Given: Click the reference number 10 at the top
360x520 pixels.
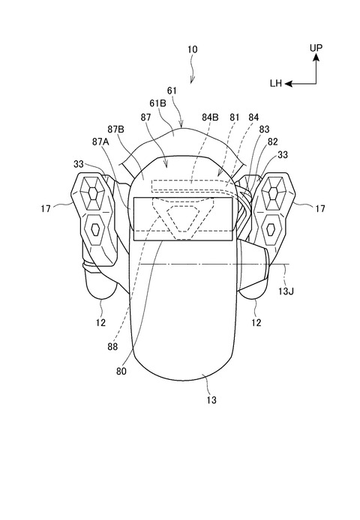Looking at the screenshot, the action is coord(192,49).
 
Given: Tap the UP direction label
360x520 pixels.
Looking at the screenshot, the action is coord(316,48).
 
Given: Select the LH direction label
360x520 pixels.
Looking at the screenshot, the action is coord(276,84).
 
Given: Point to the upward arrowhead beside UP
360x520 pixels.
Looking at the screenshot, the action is coord(316,58).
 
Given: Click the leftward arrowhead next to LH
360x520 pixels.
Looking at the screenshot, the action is coord(289,84).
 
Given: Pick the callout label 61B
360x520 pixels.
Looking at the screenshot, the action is coord(157,103).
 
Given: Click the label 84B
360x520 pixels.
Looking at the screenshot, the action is coord(210,117).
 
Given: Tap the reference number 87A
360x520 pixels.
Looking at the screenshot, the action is coord(101,142).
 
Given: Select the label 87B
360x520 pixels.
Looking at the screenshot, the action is coord(115,129).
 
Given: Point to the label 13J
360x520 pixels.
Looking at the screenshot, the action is coord(286,291).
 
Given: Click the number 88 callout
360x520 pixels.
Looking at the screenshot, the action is coord(112,347).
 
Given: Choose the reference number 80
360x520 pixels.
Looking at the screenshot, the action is coord(121,372).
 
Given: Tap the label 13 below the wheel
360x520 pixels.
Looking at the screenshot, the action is coord(211,400).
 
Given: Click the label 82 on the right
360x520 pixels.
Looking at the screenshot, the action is coord(272,142).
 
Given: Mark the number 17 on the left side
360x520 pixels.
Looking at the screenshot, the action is coord(46,208).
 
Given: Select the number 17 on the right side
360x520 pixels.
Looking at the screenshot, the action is coord(320,208).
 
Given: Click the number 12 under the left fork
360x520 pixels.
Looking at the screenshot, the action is coord(100,322).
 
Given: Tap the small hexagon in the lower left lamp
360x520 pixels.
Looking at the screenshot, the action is coord(95,229).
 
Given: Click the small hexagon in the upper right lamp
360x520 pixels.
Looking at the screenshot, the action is coord(273,192).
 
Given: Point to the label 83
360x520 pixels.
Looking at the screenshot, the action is coord(264,129).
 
